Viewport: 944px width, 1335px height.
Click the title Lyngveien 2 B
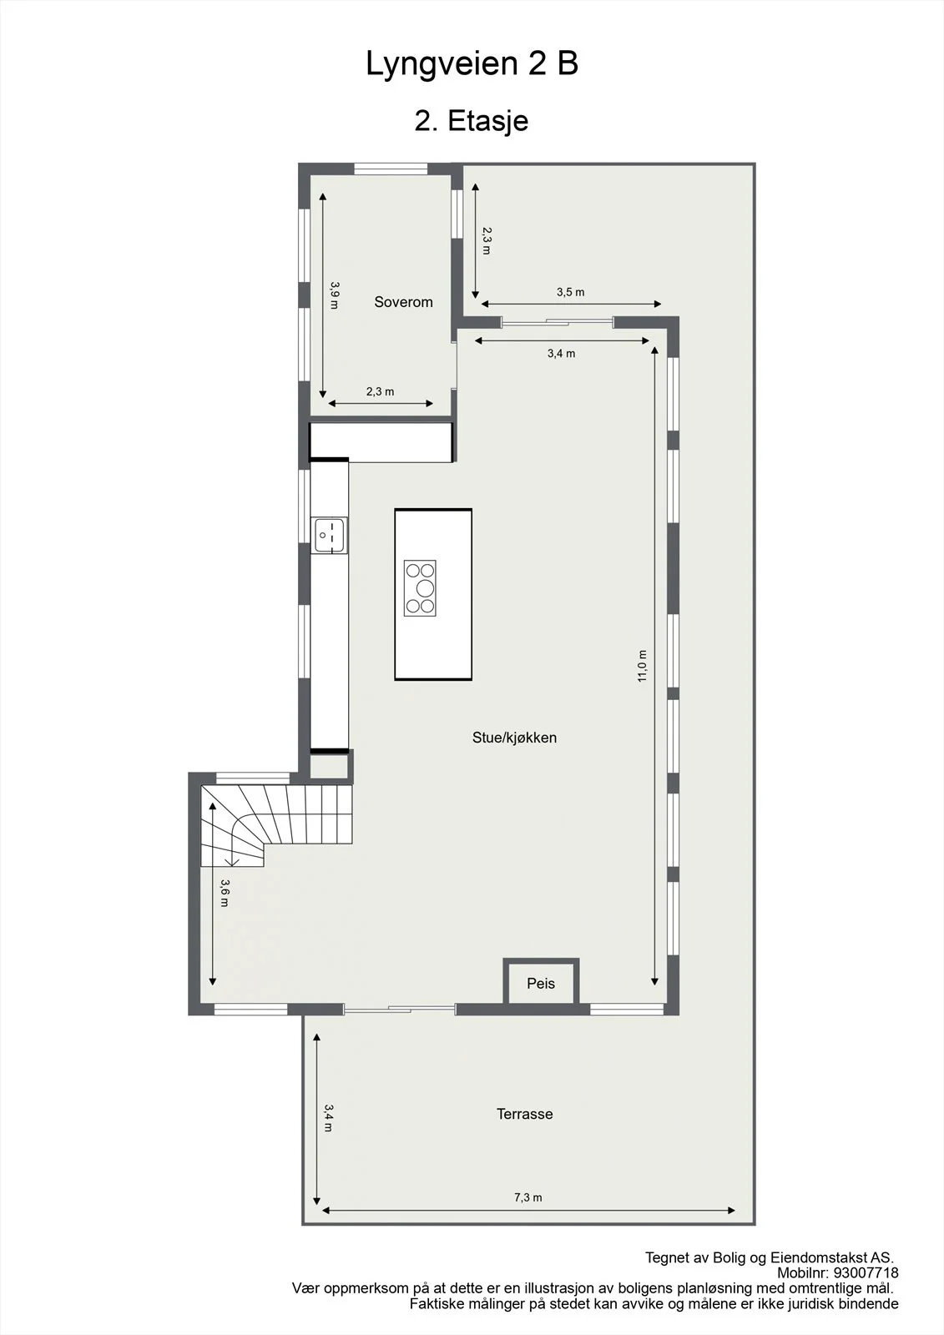(x=472, y=64)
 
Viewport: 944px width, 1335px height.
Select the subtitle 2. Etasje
(x=471, y=120)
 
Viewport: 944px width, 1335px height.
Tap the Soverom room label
(x=403, y=302)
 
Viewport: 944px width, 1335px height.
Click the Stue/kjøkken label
(x=514, y=738)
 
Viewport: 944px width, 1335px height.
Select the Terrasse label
(x=525, y=1114)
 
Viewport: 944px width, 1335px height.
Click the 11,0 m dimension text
(x=642, y=666)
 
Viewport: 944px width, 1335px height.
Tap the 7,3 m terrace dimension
(x=528, y=1197)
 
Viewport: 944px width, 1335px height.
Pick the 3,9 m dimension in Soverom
(x=335, y=295)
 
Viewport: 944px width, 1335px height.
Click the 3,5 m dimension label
(x=571, y=292)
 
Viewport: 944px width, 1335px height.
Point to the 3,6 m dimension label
(x=225, y=894)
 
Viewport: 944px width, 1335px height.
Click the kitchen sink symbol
(x=329, y=535)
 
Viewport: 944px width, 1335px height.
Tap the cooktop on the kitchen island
(x=420, y=588)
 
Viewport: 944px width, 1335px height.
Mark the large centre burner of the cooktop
(x=425, y=588)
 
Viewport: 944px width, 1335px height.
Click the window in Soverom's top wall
(x=391, y=169)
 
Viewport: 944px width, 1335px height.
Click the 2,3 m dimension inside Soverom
(x=380, y=391)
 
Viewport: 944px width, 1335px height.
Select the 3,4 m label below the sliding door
(x=561, y=354)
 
